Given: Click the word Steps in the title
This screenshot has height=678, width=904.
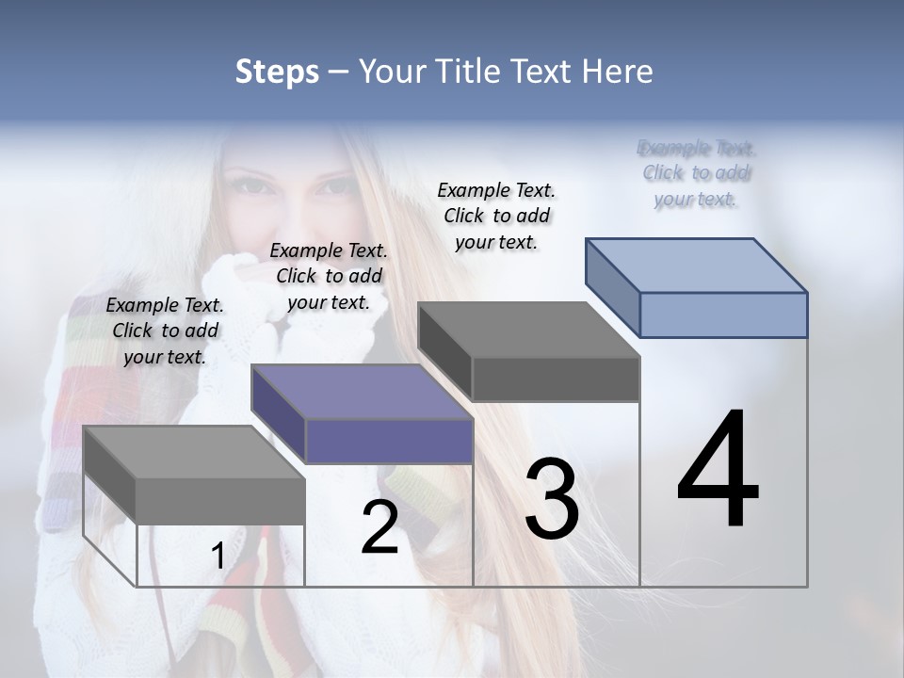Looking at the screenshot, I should pos(277,73).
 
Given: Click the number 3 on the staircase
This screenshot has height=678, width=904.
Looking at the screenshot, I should pos(552,499).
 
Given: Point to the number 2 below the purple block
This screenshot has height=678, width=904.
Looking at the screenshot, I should pos(379,527).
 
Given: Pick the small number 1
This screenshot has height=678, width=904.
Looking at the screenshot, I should pos(218,557).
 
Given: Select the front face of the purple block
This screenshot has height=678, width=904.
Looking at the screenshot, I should pos(389,441).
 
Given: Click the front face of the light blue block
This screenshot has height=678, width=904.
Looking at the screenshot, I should pos(723,315).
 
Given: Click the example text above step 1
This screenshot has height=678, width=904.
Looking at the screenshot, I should pos(165,331).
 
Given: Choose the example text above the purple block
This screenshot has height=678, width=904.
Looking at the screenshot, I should pos(329,276).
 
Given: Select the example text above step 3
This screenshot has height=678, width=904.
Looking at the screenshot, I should pos(496,216).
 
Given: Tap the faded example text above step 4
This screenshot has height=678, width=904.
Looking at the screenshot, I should pos(696,173).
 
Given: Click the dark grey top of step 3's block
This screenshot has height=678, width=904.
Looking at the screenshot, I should pos(527,330).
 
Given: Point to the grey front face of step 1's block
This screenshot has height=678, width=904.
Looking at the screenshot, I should pos(220,501).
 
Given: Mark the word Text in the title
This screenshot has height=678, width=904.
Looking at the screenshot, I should pos(540,72).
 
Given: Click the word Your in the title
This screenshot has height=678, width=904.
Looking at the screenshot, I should pos(390,72).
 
